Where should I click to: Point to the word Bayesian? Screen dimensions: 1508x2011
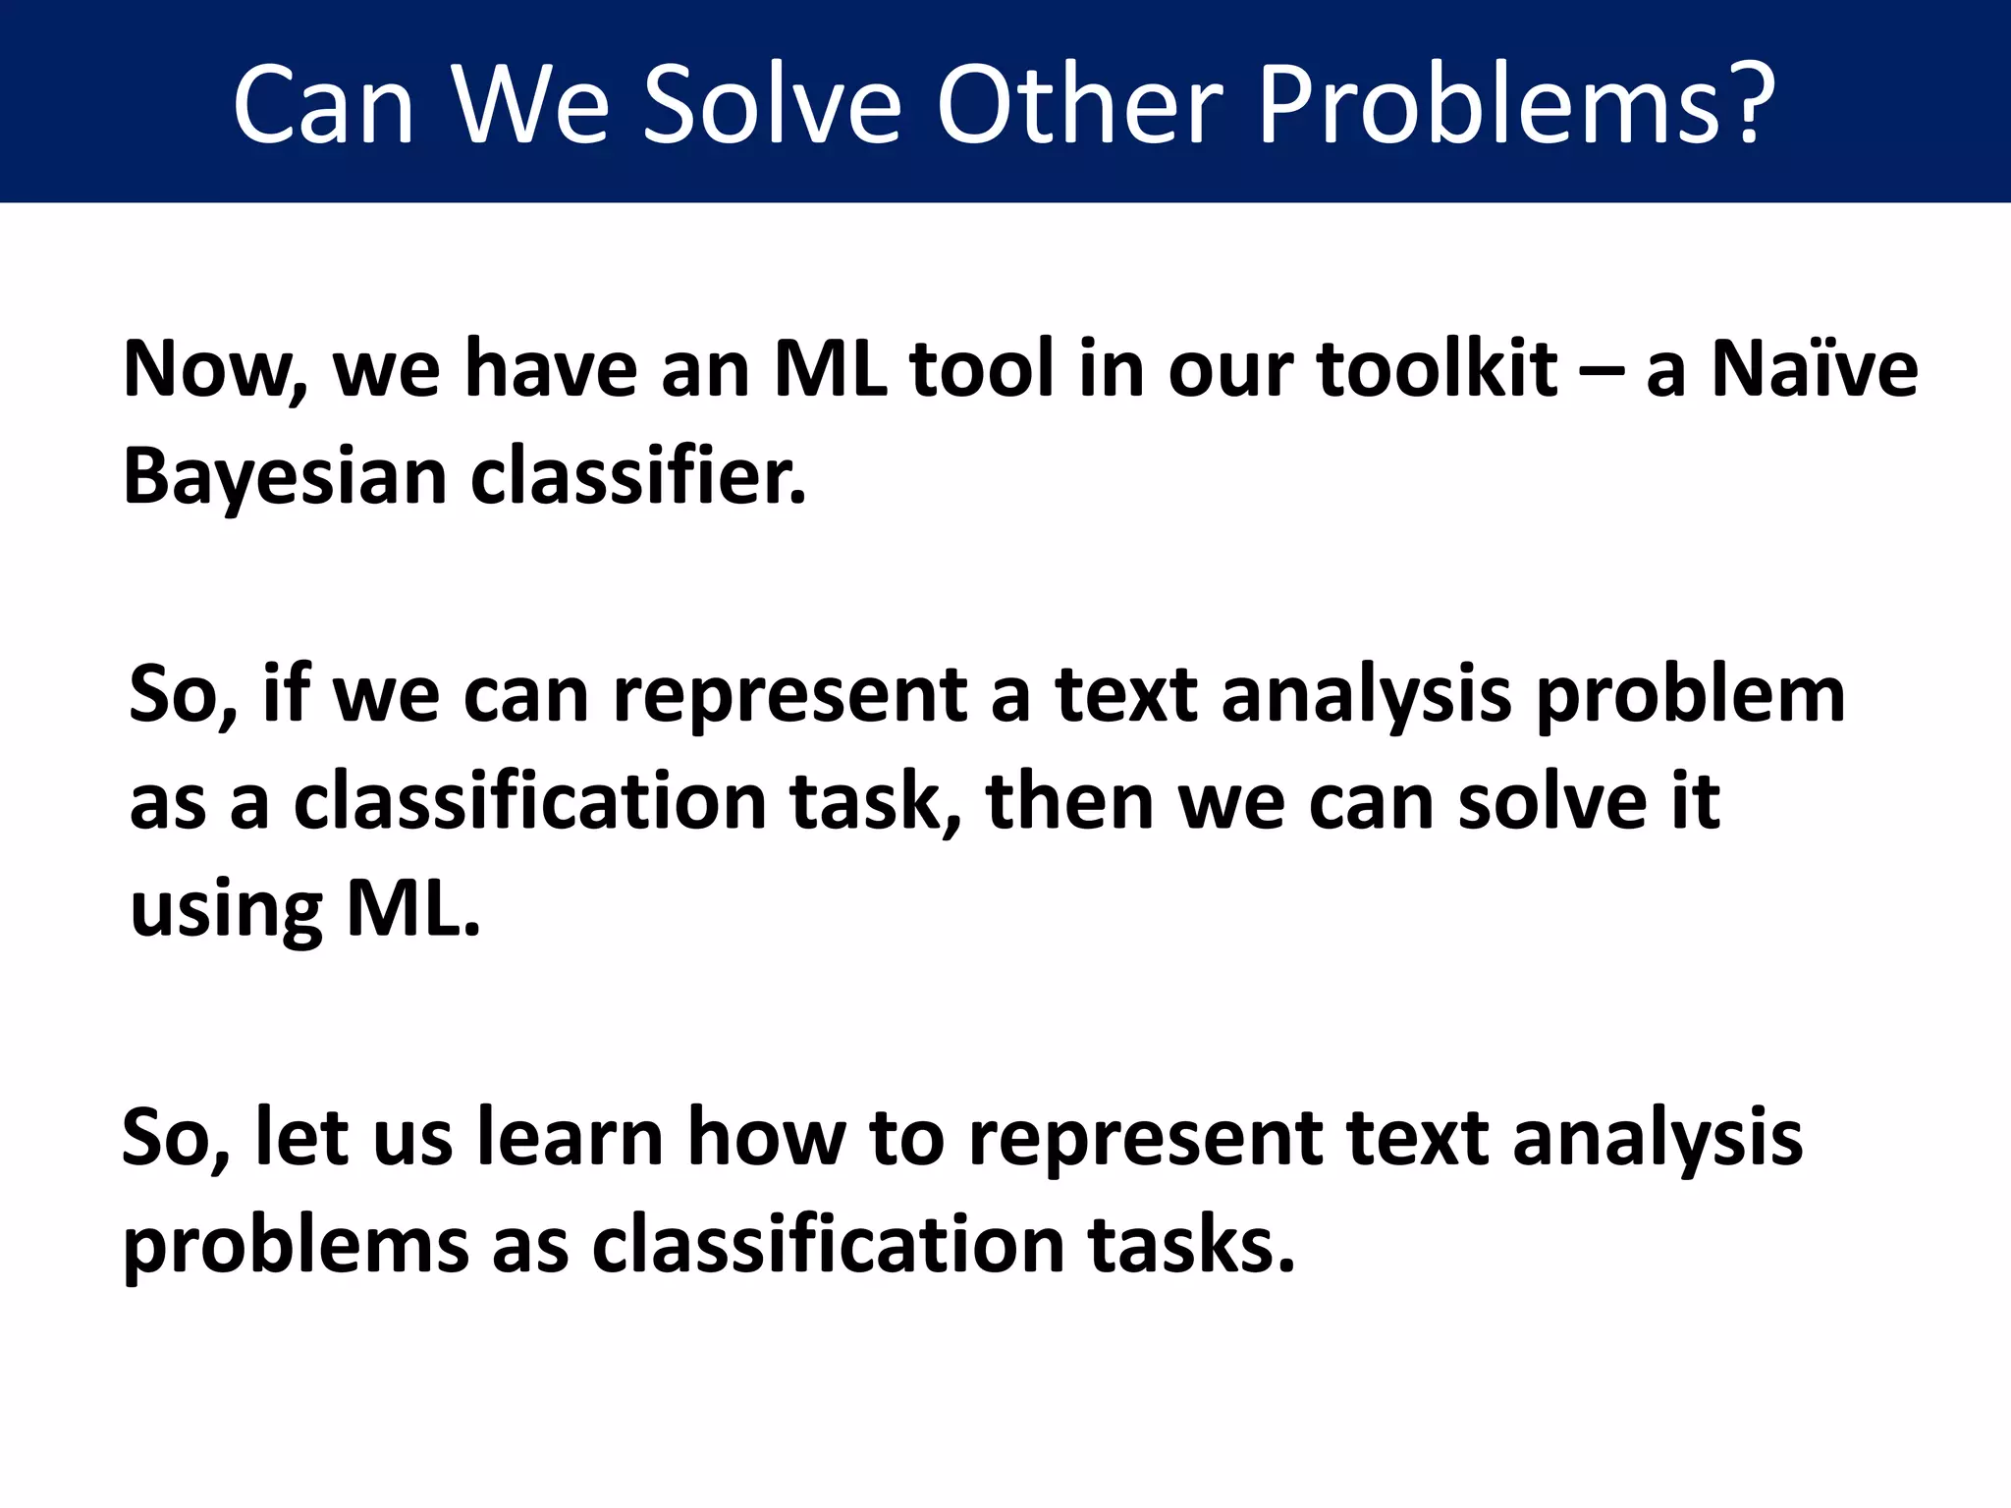pos(285,477)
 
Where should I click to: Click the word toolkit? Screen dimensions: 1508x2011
pos(1437,369)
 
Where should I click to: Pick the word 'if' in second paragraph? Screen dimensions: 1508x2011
pos(286,694)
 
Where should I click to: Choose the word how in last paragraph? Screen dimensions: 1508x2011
pos(767,1138)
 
